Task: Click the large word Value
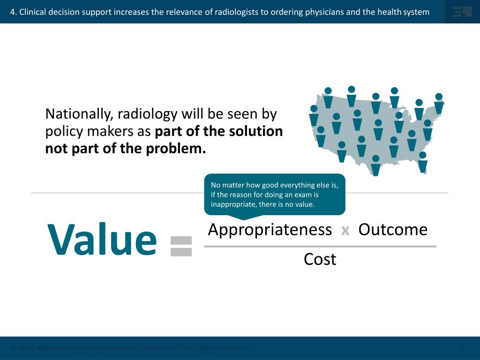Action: pyautogui.click(x=102, y=240)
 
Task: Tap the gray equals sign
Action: pyautogui.click(x=181, y=246)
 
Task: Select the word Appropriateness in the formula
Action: pyautogui.click(x=270, y=230)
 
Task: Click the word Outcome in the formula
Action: pyautogui.click(x=393, y=230)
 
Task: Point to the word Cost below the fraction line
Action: pyautogui.click(x=320, y=259)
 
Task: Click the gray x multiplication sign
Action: pyautogui.click(x=345, y=231)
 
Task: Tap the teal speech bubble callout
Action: pyautogui.click(x=275, y=194)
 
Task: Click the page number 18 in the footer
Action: pyautogui.click(x=461, y=348)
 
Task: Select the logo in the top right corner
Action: pyautogui.click(x=462, y=12)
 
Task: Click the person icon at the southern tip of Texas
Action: pyautogui.click(x=375, y=165)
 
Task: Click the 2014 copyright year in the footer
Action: pyautogui.click(x=24, y=348)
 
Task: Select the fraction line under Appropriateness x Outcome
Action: pyautogui.click(x=320, y=246)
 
